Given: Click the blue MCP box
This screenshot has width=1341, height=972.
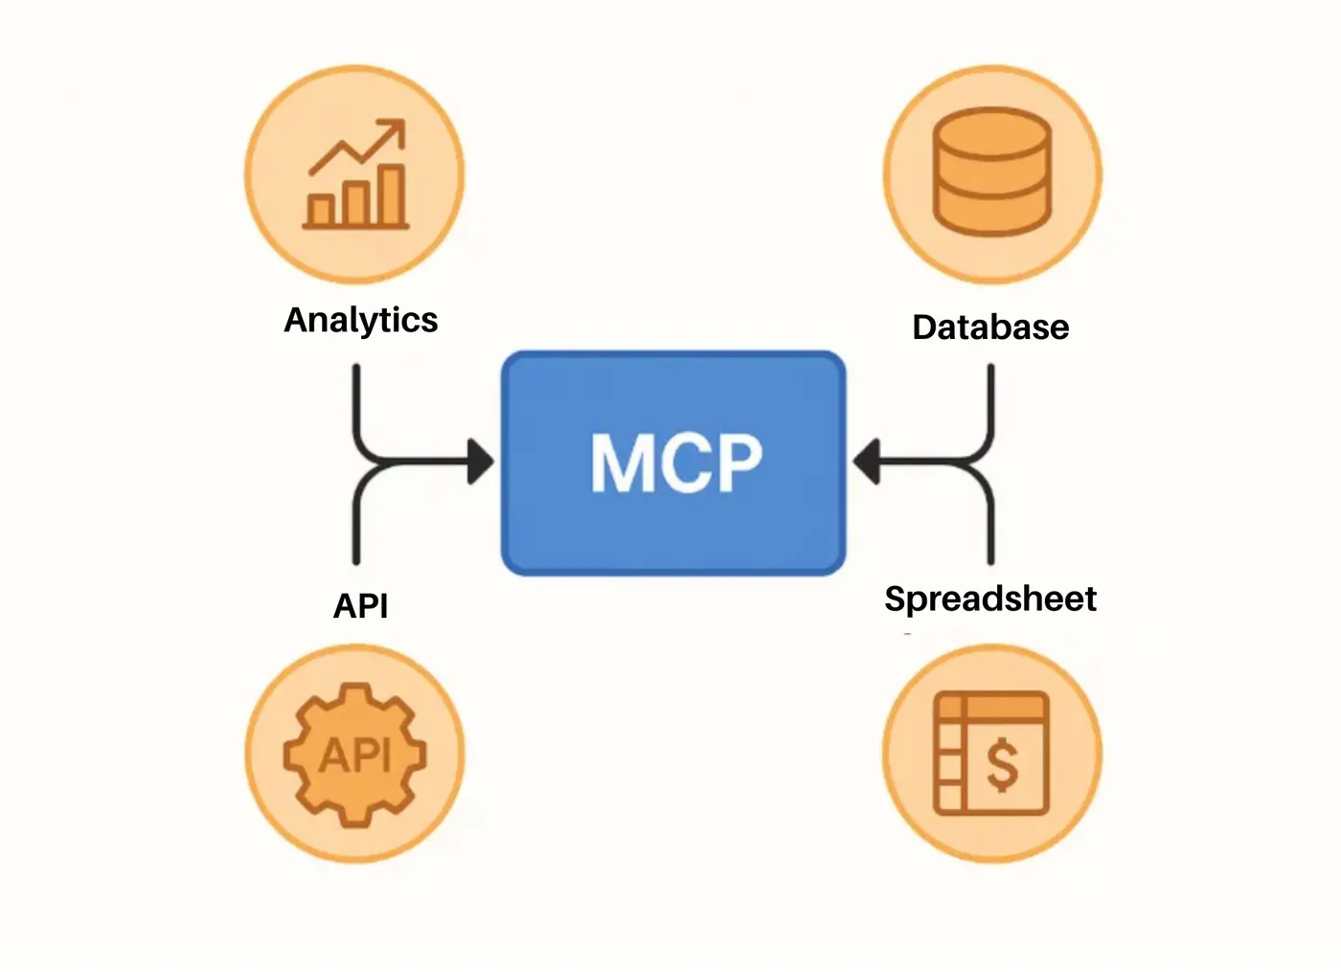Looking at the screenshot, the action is tap(673, 463).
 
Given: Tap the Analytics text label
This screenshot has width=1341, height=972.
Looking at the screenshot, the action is tap(361, 321).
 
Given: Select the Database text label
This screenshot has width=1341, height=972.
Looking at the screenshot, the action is tap(990, 328).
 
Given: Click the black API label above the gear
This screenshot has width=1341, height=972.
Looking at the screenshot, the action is tap(360, 605).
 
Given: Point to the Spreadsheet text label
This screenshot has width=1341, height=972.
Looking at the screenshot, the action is tap(990, 599).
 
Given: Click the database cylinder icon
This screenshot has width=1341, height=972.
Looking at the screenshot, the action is tap(992, 171).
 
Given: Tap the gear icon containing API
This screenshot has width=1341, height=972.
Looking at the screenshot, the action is tap(355, 755).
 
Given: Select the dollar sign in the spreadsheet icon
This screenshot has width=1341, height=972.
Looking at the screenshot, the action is tap(1002, 765).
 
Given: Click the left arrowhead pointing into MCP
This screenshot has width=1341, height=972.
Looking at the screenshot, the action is tap(480, 462).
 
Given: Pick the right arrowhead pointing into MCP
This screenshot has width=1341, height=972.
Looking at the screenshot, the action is tap(866, 462).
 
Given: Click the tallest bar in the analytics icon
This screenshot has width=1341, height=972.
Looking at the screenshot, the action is tap(392, 195).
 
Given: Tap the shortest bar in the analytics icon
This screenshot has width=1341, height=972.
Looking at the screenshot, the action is tap(321, 211).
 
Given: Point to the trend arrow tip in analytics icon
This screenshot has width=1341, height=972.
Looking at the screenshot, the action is tap(402, 123).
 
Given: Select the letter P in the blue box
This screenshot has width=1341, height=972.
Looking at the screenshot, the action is tap(739, 462).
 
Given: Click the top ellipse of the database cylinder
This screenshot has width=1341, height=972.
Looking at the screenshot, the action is tap(992, 133).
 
